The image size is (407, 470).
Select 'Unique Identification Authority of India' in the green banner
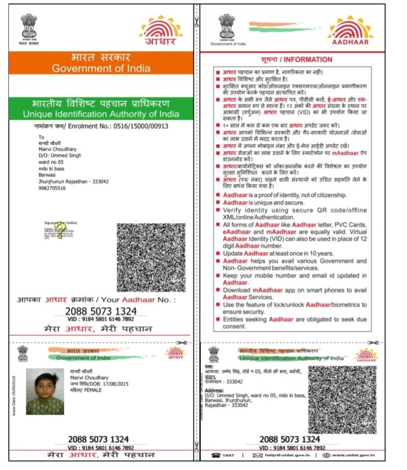(97, 113)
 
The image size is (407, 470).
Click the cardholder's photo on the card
(44, 391)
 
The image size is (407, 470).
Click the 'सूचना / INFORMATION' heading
(297, 59)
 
